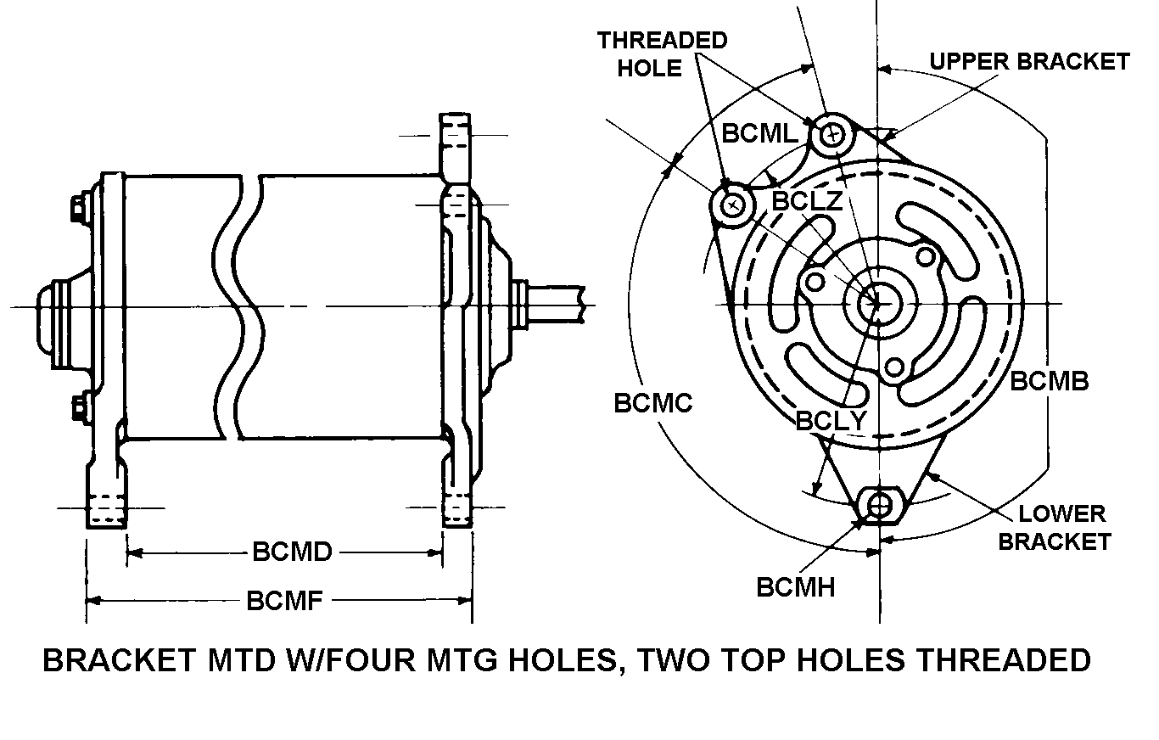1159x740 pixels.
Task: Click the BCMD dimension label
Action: [292, 552]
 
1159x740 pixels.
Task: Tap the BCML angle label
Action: [760, 133]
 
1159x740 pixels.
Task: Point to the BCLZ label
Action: [807, 201]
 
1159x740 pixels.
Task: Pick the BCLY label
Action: [831, 420]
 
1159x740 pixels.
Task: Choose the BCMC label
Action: [653, 403]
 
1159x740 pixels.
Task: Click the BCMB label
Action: [1049, 381]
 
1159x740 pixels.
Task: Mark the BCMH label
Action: [796, 586]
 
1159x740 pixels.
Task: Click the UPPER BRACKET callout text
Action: [1029, 62]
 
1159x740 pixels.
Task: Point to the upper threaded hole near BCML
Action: [833, 134]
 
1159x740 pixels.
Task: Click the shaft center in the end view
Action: [871, 304]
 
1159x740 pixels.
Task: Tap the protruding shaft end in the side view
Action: [556, 303]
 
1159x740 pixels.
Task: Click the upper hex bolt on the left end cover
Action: [75, 207]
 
